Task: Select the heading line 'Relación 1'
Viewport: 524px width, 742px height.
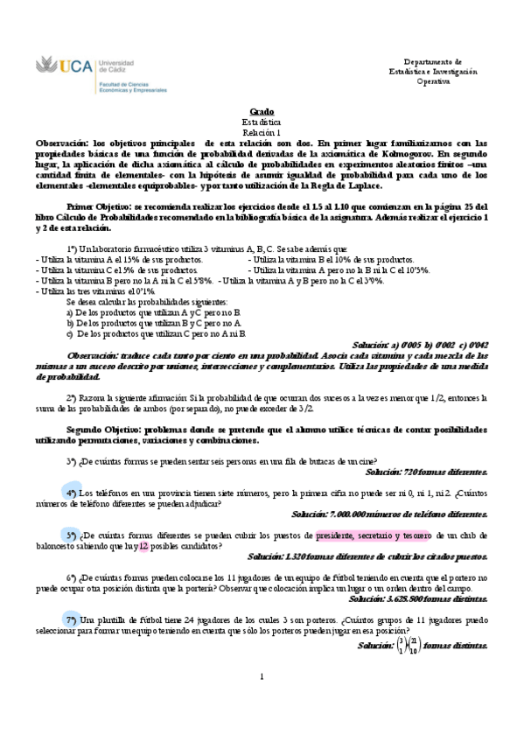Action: tap(262, 132)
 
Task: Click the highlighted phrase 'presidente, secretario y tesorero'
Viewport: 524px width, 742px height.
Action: tap(370, 535)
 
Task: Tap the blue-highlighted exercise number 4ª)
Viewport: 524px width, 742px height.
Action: tap(72, 493)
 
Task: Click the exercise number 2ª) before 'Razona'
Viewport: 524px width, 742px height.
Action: tap(72, 397)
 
